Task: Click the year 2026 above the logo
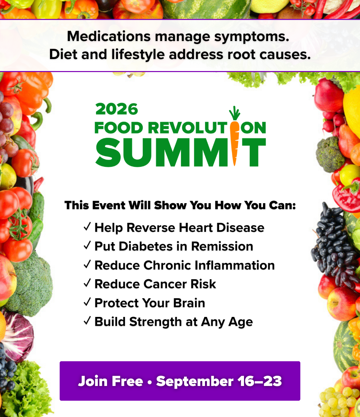click(x=117, y=109)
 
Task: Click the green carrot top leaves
click(x=234, y=113)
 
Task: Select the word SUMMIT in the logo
click(x=181, y=152)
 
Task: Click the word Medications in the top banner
click(x=109, y=36)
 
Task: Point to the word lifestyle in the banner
click(x=138, y=55)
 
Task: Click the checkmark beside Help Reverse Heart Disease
click(x=87, y=227)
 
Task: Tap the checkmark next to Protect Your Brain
click(x=87, y=302)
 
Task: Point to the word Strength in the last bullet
click(x=156, y=322)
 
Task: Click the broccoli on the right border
click(x=330, y=154)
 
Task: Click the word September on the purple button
click(x=195, y=382)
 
